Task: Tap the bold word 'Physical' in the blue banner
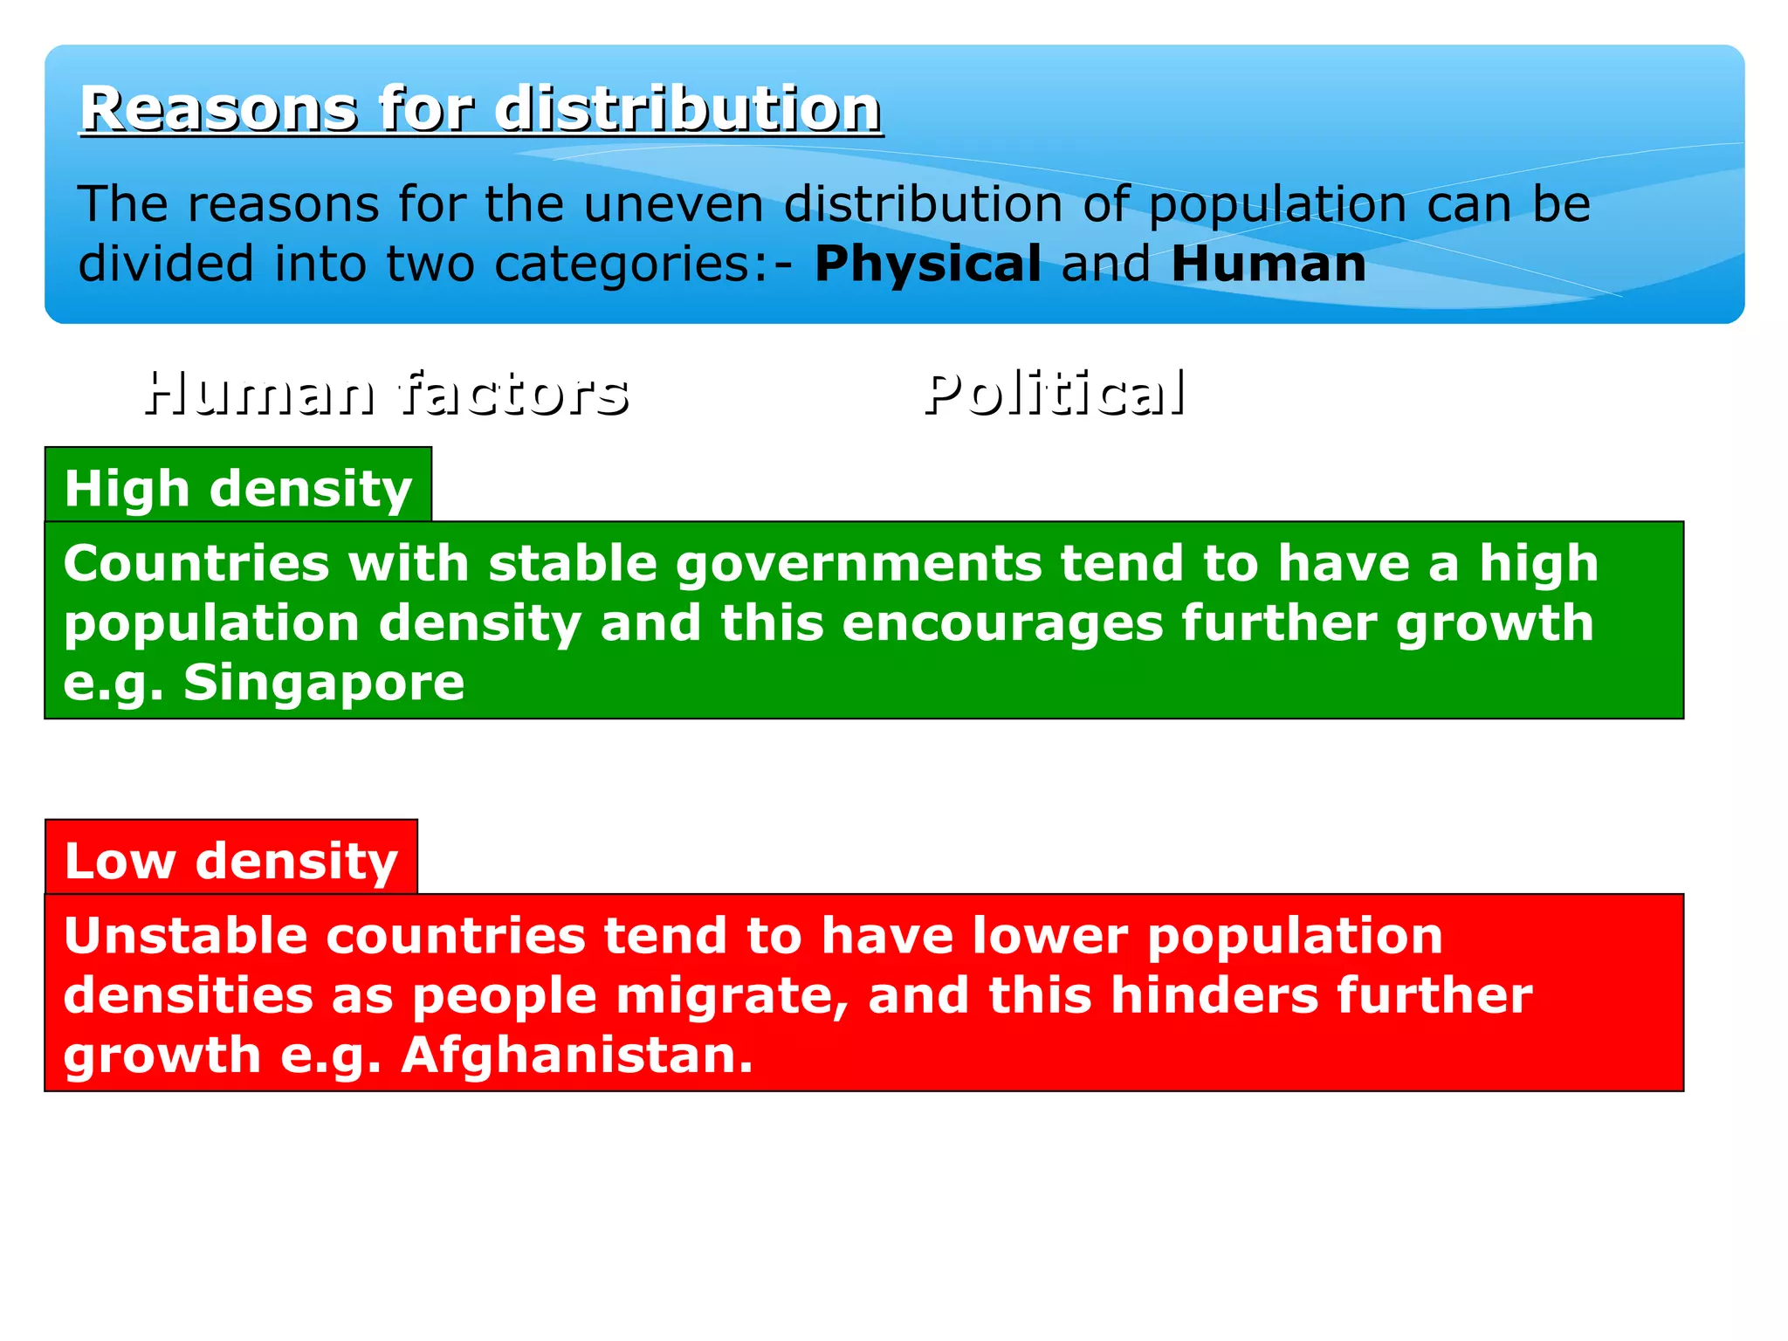click(927, 264)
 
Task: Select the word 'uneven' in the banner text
click(672, 204)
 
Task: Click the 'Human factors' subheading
click(386, 393)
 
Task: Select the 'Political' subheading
click(1055, 393)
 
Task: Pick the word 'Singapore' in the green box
click(324, 682)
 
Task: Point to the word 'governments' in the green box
click(858, 563)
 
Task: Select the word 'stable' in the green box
click(572, 563)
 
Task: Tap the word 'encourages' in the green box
click(1002, 623)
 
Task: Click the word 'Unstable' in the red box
click(185, 936)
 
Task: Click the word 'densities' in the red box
click(188, 995)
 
